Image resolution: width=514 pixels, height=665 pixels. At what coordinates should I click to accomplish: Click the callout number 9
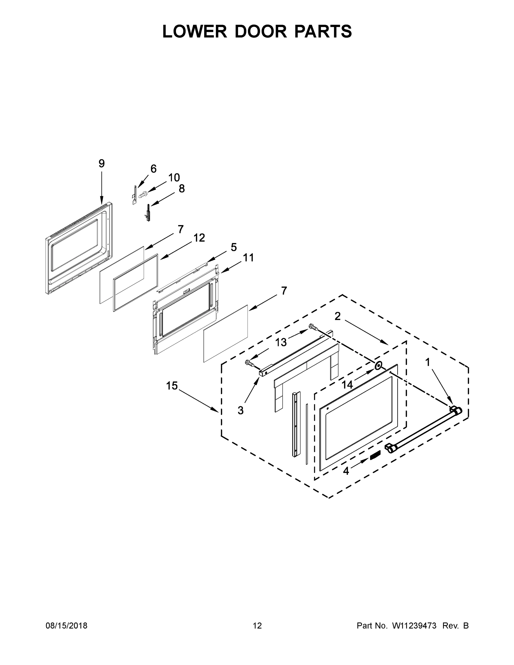[x=101, y=164]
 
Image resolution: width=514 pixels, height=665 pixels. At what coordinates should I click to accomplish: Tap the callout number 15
[x=172, y=386]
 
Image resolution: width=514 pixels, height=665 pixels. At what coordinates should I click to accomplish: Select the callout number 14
[x=347, y=385]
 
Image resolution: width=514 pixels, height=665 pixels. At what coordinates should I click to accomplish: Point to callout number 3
[x=241, y=410]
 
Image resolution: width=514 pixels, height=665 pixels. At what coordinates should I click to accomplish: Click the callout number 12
[x=200, y=238]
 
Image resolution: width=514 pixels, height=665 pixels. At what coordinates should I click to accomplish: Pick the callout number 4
[x=346, y=471]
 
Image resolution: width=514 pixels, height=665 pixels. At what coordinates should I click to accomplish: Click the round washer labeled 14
[x=378, y=365]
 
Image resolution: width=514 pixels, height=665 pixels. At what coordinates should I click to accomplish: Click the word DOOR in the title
[x=261, y=31]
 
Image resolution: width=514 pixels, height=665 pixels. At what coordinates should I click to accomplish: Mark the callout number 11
[x=248, y=258]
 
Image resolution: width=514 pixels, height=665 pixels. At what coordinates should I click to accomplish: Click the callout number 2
[x=337, y=316]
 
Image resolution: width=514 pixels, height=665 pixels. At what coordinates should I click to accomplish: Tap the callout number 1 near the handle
[x=428, y=362]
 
